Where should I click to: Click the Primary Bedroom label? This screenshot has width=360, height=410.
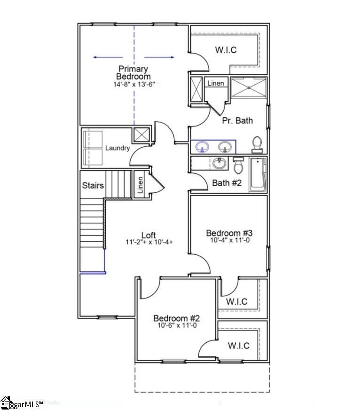pos(133,73)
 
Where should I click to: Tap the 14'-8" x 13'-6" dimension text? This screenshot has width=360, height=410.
pos(133,85)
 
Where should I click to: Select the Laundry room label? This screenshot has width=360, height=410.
pos(117,148)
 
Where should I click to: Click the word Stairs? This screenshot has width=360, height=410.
pos(93,185)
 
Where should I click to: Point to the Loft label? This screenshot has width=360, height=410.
pos(149,235)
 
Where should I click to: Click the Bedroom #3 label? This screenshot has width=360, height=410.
pos(230,233)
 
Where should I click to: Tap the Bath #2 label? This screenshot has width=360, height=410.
pos(227,182)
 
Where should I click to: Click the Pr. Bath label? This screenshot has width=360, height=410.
pos(237,120)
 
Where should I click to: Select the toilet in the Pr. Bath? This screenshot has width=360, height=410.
pos(257,144)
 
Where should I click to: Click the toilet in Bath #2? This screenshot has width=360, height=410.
pos(238,165)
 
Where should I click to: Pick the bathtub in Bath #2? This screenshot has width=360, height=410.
pos(258,174)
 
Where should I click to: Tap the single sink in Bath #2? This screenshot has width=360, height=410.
pos(218,164)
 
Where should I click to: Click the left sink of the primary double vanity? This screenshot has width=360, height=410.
pos(203,147)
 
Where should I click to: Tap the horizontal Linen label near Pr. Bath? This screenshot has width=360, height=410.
pos(216,83)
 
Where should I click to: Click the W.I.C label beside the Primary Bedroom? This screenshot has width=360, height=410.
pos(226,49)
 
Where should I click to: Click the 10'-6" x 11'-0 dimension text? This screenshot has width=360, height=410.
pos(177,325)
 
